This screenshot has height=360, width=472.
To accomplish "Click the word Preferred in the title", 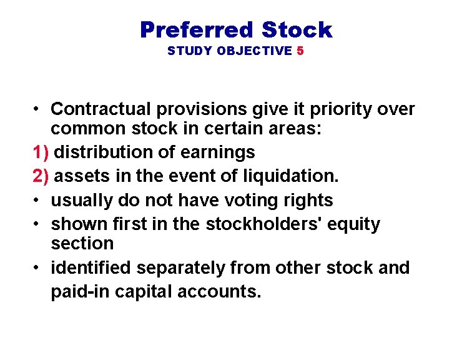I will [x=197, y=29].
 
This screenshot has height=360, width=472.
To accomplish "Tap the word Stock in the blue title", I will [x=297, y=29].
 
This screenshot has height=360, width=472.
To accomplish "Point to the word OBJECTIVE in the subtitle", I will [x=254, y=51].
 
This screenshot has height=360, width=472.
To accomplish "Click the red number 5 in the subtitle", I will [x=300, y=51].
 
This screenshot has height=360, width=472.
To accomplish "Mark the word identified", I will [x=91, y=267].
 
